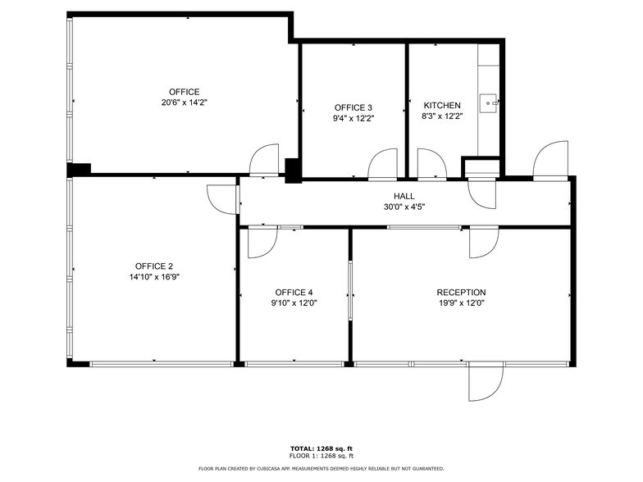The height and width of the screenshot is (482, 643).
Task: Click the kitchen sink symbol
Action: (490, 102)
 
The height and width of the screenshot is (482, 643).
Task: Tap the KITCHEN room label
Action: (442, 106)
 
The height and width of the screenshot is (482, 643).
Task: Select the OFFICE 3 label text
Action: (353, 107)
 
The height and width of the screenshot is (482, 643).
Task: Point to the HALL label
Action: (404, 196)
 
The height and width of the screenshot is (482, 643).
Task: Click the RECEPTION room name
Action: (461, 293)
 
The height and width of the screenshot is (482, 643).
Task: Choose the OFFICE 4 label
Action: (294, 293)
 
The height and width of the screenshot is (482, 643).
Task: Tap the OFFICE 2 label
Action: (153, 266)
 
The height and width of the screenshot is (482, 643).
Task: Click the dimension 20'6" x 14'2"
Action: (184, 102)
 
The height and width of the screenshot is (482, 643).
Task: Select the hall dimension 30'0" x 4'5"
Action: (404, 207)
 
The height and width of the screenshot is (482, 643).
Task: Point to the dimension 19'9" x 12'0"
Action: (461, 303)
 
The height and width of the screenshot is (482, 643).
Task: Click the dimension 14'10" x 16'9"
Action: (153, 277)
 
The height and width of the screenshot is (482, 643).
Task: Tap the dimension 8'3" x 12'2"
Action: (442, 116)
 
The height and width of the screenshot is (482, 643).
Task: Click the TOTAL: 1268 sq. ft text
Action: (321, 448)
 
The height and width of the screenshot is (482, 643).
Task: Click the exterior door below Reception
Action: (484, 383)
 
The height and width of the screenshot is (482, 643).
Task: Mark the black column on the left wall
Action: (79, 169)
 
